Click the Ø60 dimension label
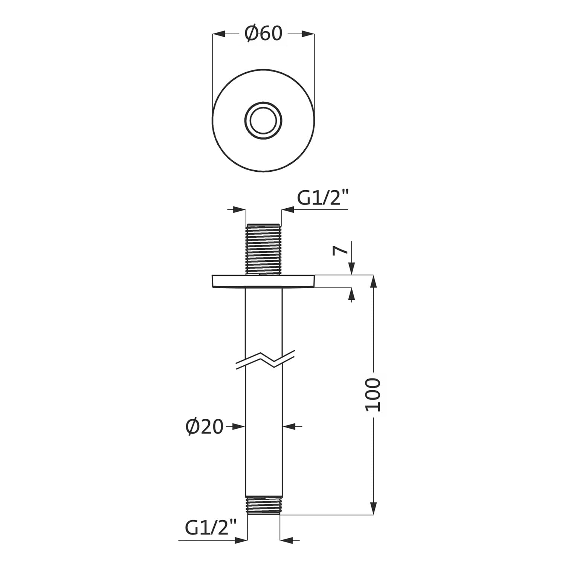pyautogui.click(x=263, y=34)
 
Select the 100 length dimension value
pyautogui.click(x=373, y=395)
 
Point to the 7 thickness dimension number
pyautogui.click(x=339, y=250)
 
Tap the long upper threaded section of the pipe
pyautogui.click(x=263, y=249)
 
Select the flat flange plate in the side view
pyautogui.click(x=263, y=281)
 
